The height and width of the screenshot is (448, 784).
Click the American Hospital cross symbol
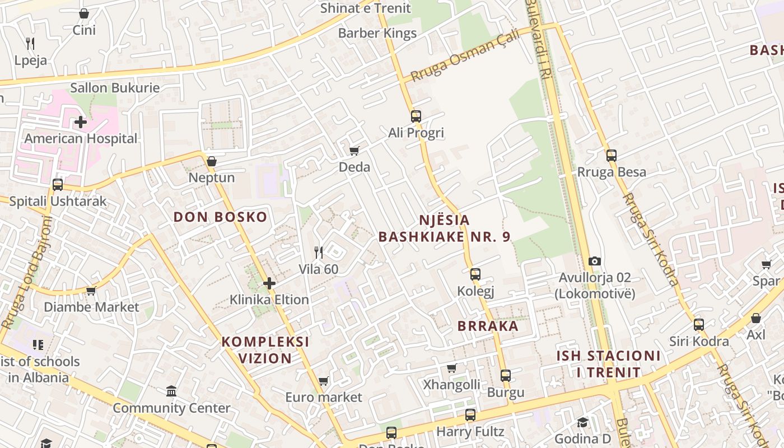81,122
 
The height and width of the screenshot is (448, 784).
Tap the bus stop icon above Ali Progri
416,116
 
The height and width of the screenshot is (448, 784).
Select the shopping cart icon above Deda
354,150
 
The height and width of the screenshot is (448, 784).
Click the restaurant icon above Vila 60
319,253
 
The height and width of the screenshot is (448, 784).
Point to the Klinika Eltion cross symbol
269,283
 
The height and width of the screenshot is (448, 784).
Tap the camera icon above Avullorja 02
595,261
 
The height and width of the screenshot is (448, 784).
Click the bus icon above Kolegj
475,274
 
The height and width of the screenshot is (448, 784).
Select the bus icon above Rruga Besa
612,155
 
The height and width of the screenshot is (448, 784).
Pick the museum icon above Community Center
171,391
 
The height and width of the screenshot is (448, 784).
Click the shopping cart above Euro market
323,381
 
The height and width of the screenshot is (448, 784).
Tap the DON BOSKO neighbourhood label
220,217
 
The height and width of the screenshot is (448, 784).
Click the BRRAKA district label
488,326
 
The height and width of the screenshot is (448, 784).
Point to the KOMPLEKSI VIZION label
265,350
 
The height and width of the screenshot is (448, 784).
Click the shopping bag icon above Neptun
211,161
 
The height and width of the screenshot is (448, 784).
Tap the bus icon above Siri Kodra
699,324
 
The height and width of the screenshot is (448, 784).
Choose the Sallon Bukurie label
115,88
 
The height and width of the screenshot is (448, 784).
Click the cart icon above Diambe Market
91,290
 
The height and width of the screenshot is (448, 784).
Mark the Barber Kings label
377,33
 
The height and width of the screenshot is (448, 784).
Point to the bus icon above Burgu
506,375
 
